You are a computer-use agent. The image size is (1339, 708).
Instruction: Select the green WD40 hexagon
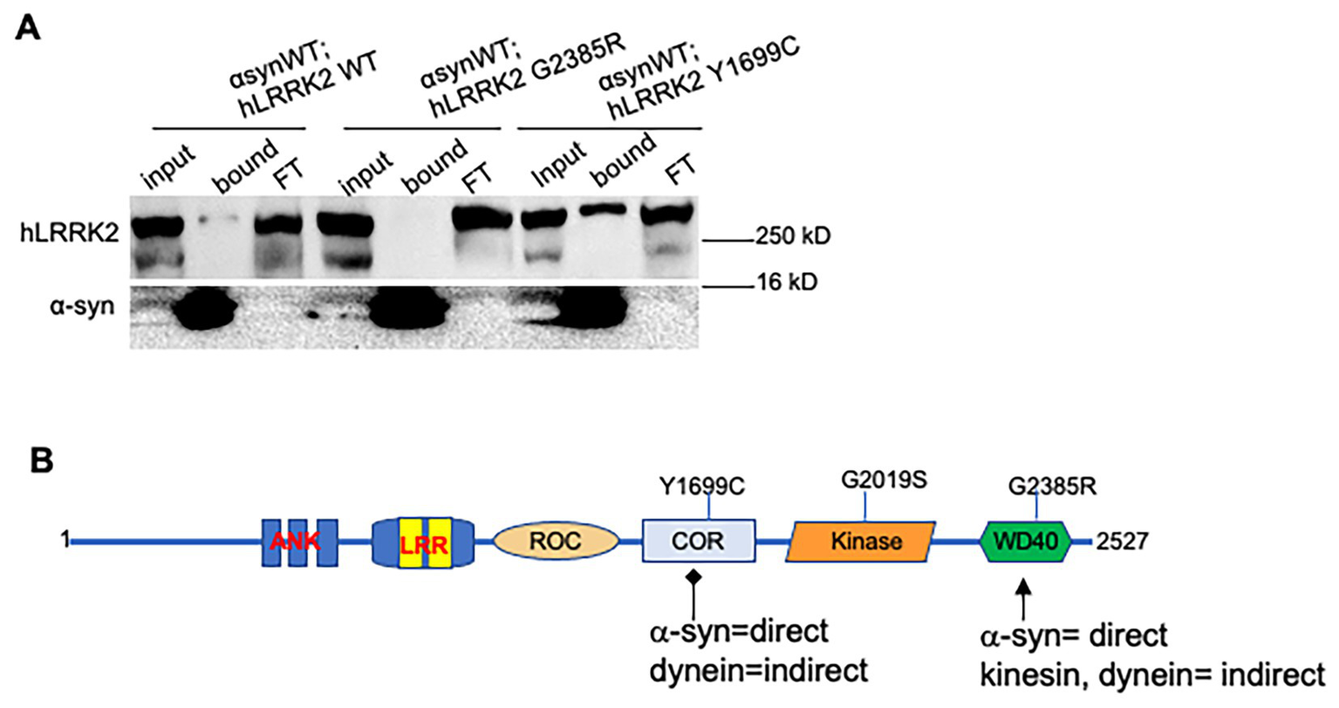(x=1025, y=541)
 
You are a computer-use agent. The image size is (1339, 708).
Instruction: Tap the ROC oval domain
(x=555, y=541)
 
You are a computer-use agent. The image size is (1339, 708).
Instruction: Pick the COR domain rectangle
(x=698, y=541)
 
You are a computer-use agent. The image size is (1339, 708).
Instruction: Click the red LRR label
(x=423, y=542)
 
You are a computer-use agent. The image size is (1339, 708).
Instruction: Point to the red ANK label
(x=295, y=541)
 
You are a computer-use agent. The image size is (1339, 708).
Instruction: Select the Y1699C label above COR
(x=701, y=486)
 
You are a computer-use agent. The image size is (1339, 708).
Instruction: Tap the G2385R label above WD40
(x=1051, y=486)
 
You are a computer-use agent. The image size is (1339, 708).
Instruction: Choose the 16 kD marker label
(x=784, y=282)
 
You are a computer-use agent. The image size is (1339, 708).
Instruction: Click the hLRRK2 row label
(x=68, y=233)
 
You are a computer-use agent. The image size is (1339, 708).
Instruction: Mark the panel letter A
(x=29, y=28)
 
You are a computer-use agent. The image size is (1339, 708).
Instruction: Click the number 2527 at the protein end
(x=1123, y=541)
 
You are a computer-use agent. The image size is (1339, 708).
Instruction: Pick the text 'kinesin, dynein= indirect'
(x=1152, y=675)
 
